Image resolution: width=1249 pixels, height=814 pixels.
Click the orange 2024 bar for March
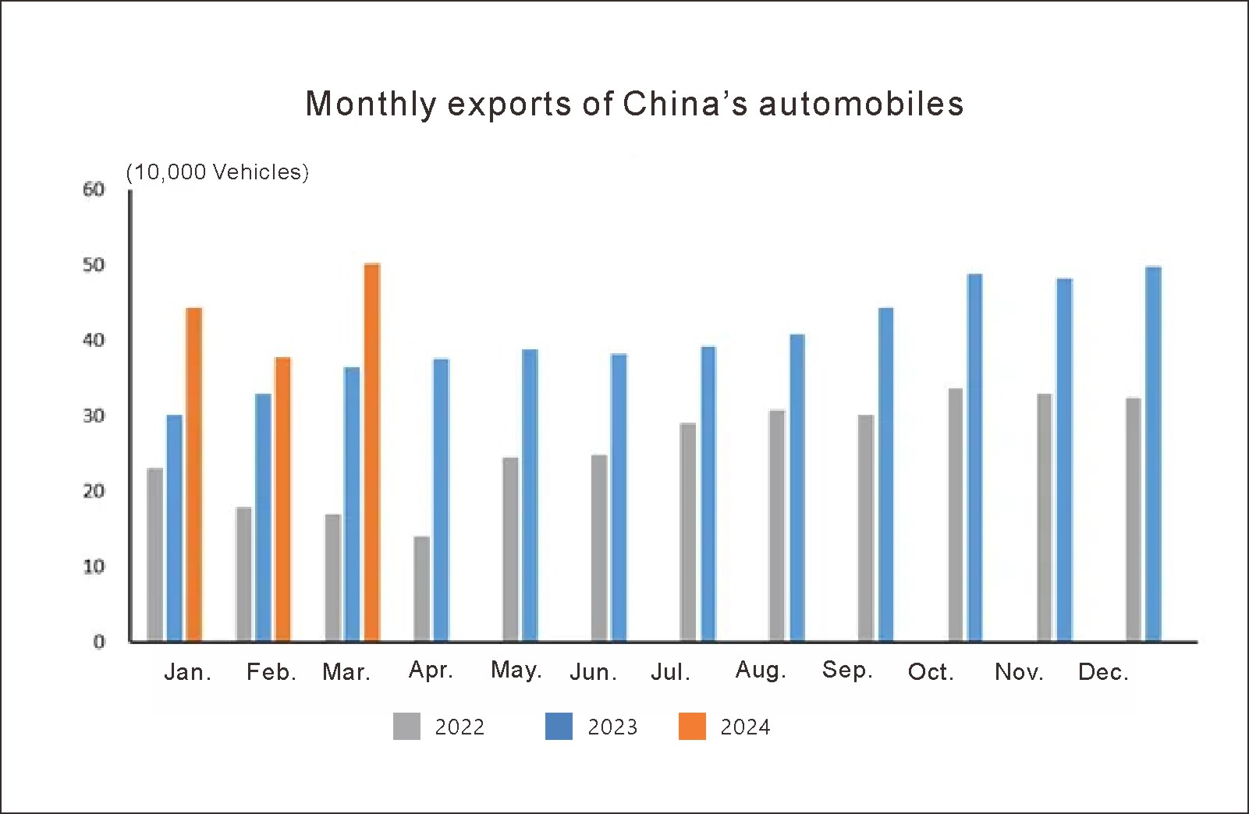372,452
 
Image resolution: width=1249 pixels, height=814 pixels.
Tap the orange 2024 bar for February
282,499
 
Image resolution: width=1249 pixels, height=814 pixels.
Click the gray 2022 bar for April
421,589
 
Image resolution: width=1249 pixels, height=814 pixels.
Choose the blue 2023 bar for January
175,528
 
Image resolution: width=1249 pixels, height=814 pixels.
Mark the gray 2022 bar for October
956,515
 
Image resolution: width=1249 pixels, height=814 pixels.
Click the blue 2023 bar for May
530,495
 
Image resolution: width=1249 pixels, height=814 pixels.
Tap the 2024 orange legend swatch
692,727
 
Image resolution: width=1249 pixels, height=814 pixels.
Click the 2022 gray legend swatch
406,727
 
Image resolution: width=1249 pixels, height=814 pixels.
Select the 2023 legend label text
612,727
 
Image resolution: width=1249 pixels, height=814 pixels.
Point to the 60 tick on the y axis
94,189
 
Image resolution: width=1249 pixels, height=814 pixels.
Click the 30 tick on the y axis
94,416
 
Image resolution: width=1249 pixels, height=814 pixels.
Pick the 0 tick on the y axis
98,642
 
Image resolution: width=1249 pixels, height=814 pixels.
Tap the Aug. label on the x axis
761,671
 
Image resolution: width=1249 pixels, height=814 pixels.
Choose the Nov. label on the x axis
1019,672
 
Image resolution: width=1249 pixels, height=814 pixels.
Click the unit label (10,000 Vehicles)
218,172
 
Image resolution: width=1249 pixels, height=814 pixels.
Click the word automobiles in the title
860,104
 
